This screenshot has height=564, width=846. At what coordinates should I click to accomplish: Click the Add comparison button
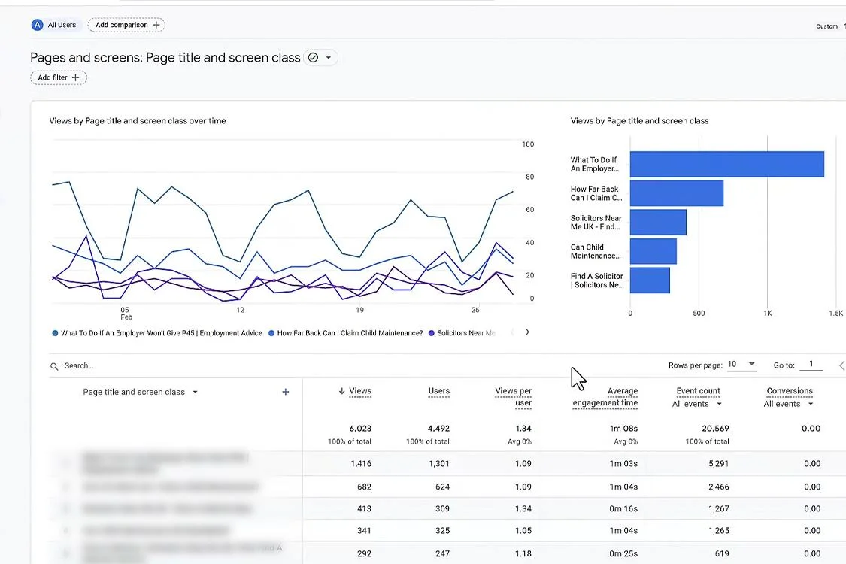[x=126, y=25]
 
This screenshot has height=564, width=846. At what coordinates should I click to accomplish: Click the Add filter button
[x=59, y=77]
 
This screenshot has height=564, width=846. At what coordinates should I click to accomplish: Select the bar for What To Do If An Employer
[x=726, y=164]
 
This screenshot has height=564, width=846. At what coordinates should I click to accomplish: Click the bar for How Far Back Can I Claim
[x=676, y=193]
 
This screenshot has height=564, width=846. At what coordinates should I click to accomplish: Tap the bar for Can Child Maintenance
[x=653, y=251]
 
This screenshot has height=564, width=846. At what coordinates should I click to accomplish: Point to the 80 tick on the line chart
[x=529, y=177]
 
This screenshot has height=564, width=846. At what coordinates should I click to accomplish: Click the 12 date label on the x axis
[x=240, y=310]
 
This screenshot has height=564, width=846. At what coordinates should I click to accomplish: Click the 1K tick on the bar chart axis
[x=768, y=314]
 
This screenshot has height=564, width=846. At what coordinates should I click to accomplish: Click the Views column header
[x=359, y=391]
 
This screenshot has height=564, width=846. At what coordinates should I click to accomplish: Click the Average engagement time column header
[x=605, y=397]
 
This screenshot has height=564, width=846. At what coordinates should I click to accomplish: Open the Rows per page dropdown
[x=741, y=365]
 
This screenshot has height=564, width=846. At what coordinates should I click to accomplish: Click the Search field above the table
[x=150, y=366]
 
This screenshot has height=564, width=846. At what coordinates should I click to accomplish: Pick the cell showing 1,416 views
[x=361, y=464]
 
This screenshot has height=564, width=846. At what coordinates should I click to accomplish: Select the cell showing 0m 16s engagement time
[x=623, y=509]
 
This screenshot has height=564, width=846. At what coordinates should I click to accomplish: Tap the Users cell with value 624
[x=442, y=487]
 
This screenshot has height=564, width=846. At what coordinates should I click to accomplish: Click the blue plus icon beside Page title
[x=286, y=392]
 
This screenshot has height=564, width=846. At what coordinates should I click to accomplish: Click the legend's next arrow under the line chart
[x=527, y=332]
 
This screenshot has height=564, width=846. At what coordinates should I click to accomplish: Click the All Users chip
[x=54, y=25]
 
